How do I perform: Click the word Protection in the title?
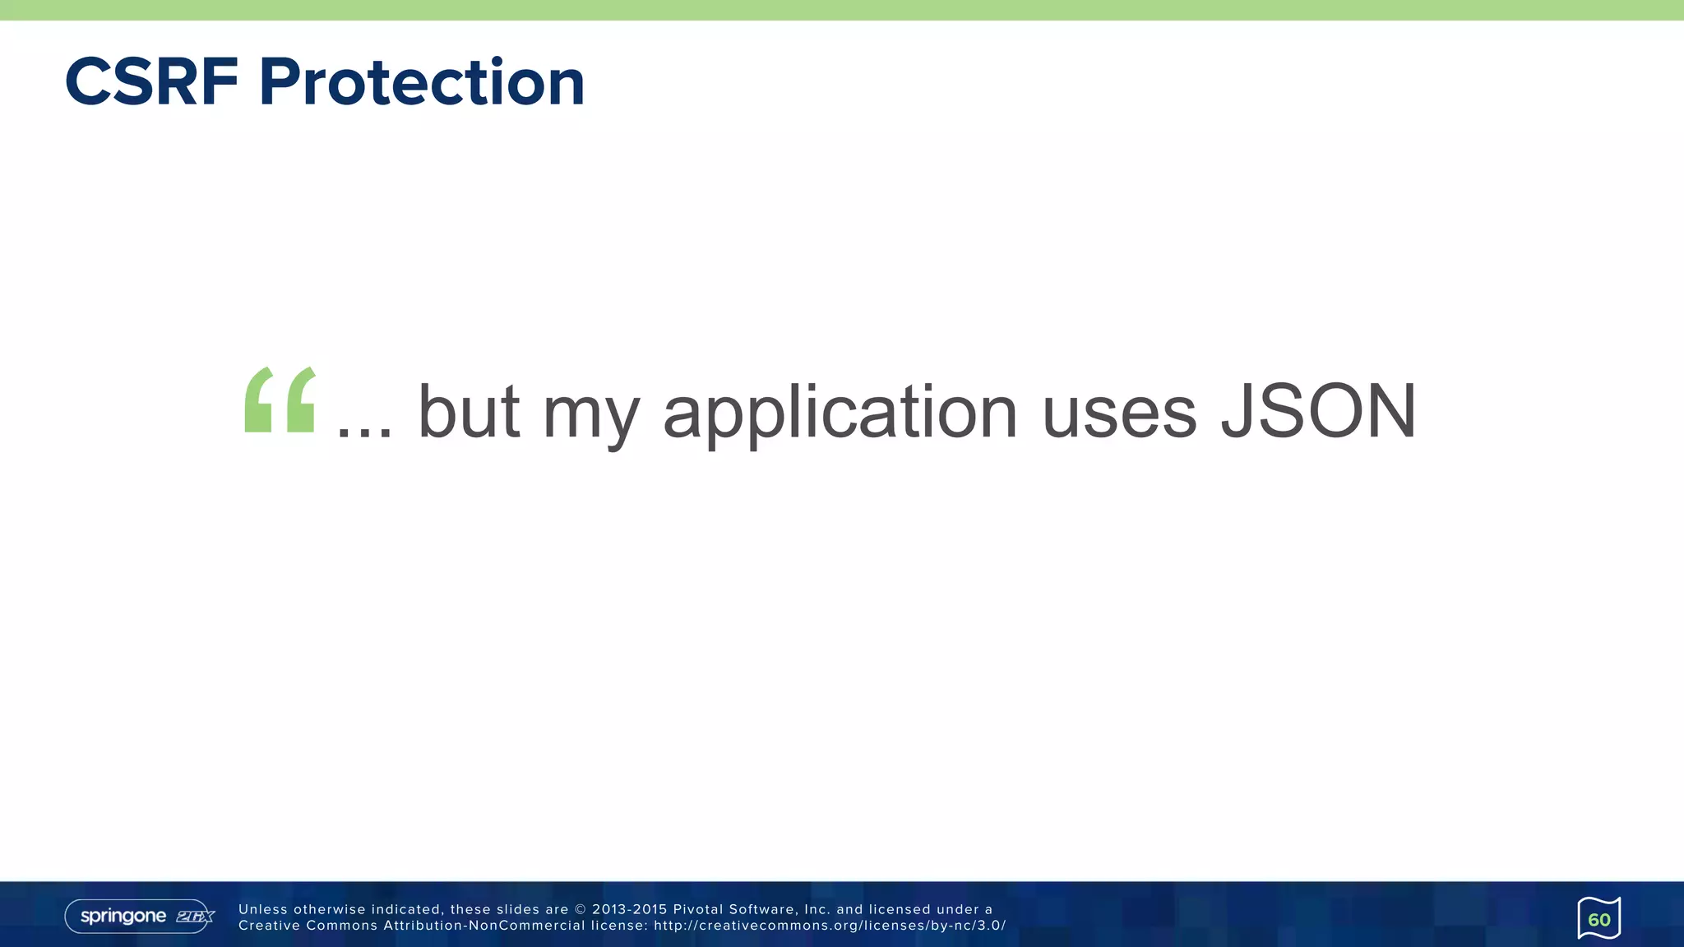(x=422, y=82)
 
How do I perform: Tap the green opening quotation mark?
(x=280, y=400)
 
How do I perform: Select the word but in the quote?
(x=469, y=411)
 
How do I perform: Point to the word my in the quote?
(x=590, y=415)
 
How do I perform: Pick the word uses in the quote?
(x=1119, y=413)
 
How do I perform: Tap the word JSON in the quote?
(x=1318, y=411)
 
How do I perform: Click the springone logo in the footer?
(x=123, y=916)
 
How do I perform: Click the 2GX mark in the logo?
(x=195, y=917)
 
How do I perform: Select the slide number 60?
(x=1598, y=919)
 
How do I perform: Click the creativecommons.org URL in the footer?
(x=830, y=926)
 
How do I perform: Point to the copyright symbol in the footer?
(x=581, y=909)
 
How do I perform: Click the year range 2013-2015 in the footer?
(x=629, y=909)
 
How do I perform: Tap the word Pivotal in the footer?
(x=698, y=909)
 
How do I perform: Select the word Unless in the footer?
(x=263, y=909)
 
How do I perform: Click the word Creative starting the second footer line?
(x=269, y=926)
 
